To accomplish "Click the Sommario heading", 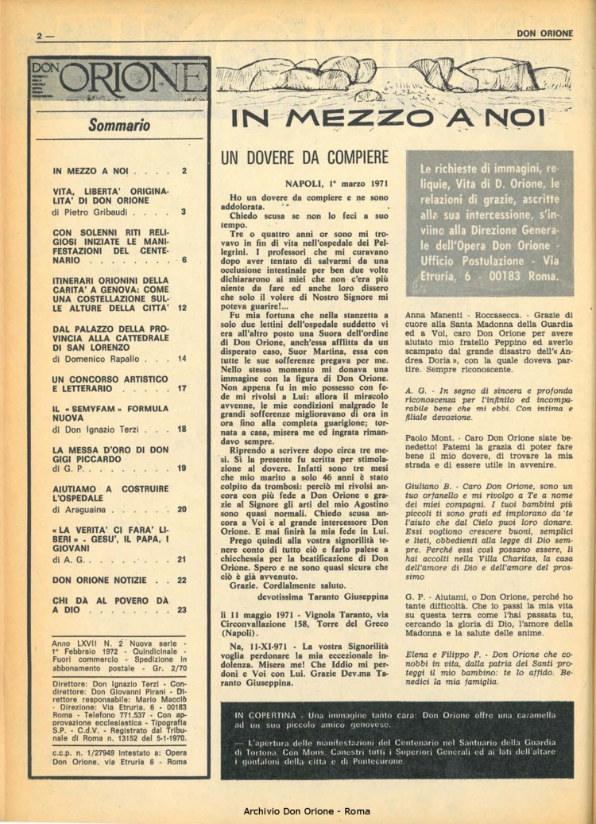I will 119,124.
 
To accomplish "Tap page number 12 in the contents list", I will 182,307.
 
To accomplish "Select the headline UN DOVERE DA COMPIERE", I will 304,157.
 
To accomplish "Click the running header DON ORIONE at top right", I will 544,33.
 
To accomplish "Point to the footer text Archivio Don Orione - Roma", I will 298,810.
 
